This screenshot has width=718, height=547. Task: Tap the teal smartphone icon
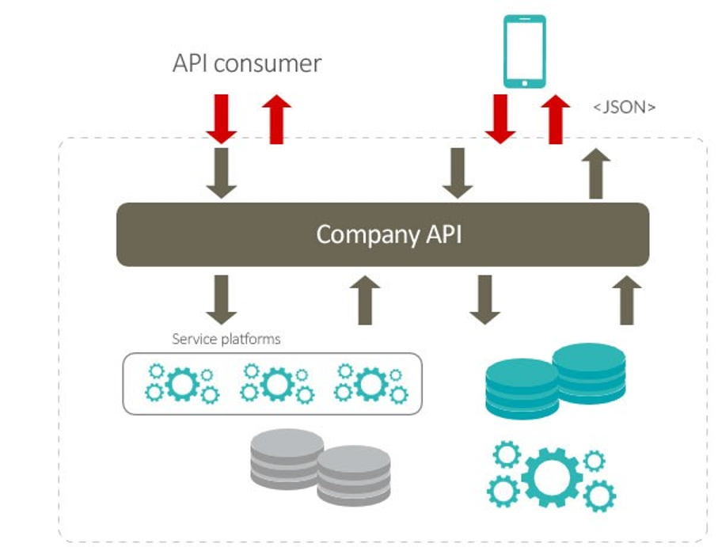524,51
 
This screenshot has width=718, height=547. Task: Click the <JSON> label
625,107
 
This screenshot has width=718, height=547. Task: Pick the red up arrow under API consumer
275,119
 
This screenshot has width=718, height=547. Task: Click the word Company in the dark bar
354,235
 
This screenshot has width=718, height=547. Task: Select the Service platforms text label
226,339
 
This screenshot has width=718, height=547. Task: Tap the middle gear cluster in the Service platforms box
277,384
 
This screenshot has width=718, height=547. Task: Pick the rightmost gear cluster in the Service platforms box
370,384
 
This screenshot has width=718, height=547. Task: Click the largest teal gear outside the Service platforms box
552,477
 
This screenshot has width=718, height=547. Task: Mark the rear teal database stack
589,367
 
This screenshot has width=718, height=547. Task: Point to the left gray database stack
286,454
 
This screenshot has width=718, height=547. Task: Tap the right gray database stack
354,473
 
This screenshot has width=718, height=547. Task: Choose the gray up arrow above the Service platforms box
364,299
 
